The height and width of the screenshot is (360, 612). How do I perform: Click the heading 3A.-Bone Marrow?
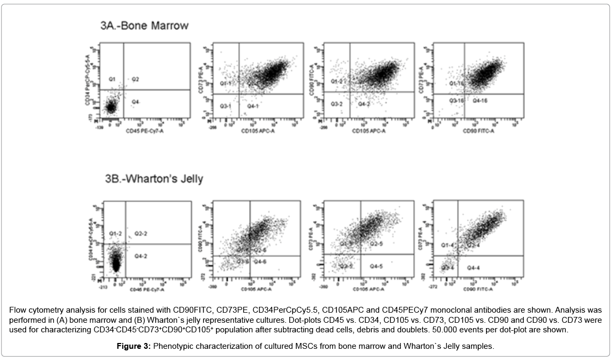click(144, 26)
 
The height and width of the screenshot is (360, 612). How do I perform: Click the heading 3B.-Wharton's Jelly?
click(154, 179)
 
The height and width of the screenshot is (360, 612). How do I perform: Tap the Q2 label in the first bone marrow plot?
click(136, 79)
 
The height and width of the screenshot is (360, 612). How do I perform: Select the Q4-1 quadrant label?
click(253, 106)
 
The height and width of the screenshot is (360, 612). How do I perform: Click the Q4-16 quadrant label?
click(480, 100)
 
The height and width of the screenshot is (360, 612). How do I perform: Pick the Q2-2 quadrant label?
click(141, 233)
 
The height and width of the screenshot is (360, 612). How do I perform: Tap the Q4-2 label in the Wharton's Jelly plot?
click(140, 256)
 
